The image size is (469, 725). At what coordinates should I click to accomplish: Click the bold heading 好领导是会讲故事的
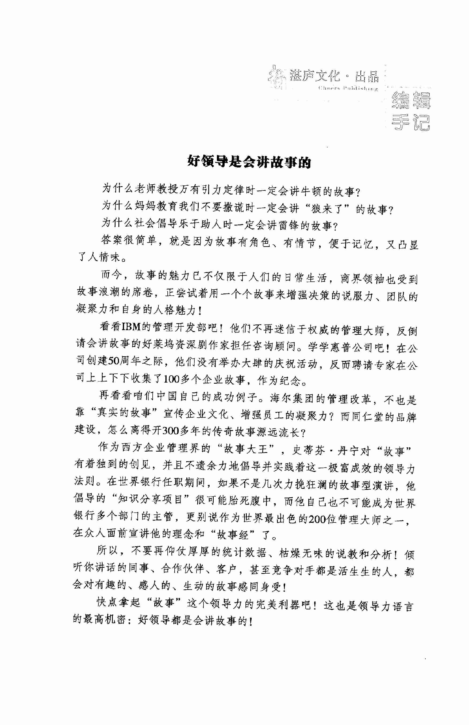click(x=249, y=161)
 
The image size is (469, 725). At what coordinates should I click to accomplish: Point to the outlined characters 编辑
click(x=411, y=100)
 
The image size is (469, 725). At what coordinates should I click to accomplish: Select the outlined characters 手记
click(x=411, y=122)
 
